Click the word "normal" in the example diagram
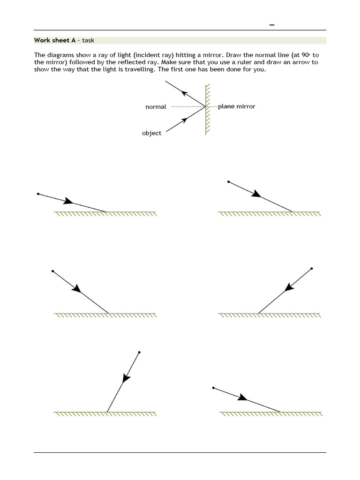point(156,107)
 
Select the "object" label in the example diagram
point(151,133)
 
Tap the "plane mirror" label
point(237,106)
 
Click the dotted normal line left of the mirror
point(187,107)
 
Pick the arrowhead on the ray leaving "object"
point(184,120)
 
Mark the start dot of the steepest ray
point(139,352)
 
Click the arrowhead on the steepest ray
point(126,378)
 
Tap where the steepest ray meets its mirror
point(107,412)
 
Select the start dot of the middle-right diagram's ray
point(312,269)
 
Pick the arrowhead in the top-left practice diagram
point(68,201)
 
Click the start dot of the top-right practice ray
point(228,181)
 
